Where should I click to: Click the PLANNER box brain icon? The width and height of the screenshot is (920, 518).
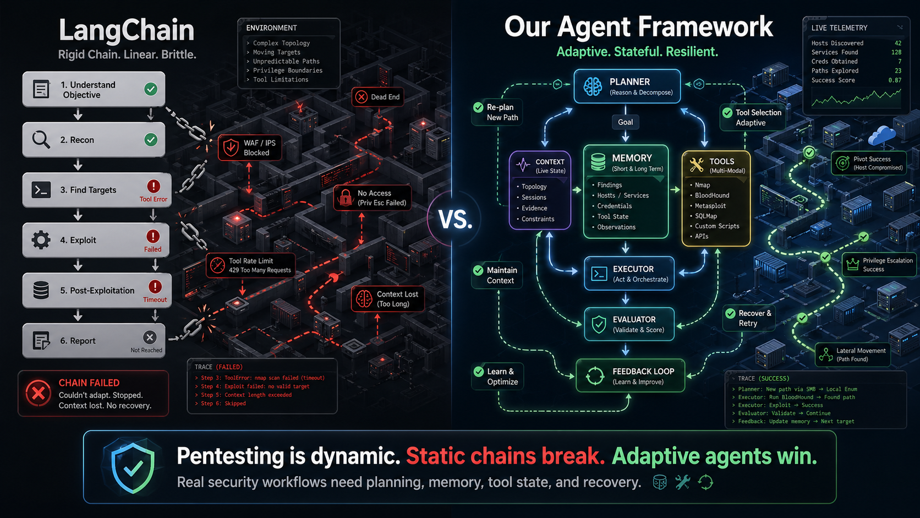[593, 86]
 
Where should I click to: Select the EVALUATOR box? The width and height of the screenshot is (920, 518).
[629, 324]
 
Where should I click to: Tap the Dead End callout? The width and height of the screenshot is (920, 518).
[378, 97]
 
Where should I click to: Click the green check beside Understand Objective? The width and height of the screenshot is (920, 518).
[150, 89]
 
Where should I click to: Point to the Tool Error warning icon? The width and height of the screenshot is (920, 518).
[154, 186]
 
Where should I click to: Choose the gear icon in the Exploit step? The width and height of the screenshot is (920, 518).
[41, 240]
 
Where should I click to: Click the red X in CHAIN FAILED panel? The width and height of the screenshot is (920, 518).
[39, 393]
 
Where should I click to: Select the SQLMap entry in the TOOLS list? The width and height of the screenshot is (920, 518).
[705, 216]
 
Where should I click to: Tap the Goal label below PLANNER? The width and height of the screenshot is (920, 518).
[625, 122]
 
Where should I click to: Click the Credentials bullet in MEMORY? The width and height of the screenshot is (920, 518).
[614, 206]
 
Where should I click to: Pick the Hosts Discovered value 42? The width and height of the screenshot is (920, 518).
[897, 43]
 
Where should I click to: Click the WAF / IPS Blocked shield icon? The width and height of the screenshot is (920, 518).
[230, 148]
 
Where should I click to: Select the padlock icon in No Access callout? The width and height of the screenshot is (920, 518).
[346, 197]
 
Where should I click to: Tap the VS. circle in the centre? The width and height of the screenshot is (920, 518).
[455, 220]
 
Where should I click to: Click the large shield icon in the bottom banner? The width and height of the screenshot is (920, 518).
[133, 466]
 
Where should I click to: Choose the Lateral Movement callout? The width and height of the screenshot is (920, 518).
[852, 355]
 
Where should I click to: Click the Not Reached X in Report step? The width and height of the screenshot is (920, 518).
[149, 337]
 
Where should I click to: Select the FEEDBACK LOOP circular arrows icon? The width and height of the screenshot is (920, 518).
[595, 376]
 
